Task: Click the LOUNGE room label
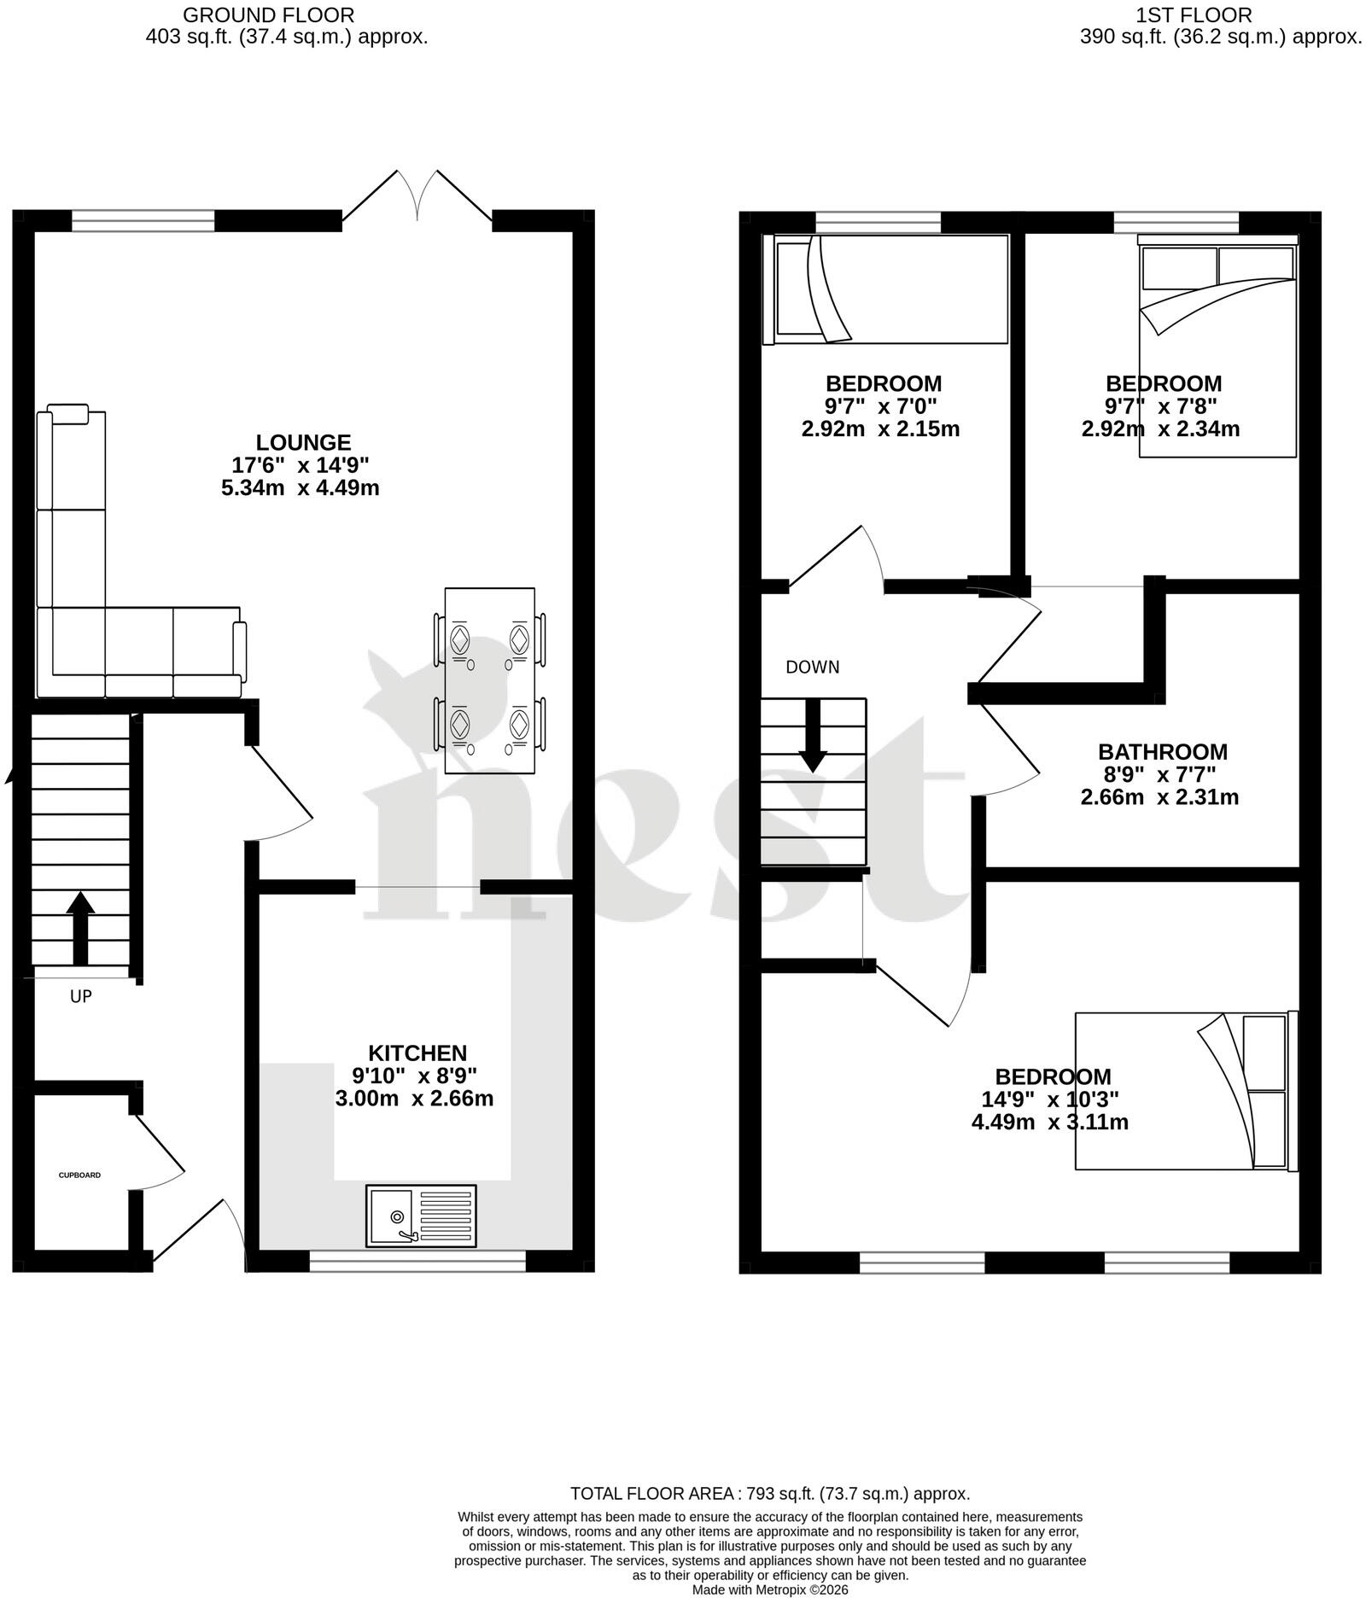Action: click(303, 442)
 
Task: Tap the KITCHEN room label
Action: click(417, 1053)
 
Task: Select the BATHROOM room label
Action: click(1162, 752)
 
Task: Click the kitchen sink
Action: click(421, 1216)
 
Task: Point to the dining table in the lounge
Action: click(490, 680)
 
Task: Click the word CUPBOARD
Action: click(79, 1175)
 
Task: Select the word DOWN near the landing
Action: click(813, 667)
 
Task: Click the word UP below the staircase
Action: click(81, 996)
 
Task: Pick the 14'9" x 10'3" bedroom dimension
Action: click(1050, 1099)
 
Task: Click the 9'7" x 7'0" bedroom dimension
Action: click(882, 405)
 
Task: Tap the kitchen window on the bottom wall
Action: click(417, 1262)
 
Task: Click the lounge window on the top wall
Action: click(143, 221)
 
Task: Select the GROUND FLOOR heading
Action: click(269, 15)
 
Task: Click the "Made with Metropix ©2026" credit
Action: click(770, 1589)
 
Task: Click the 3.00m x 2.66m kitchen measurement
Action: click(414, 1099)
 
